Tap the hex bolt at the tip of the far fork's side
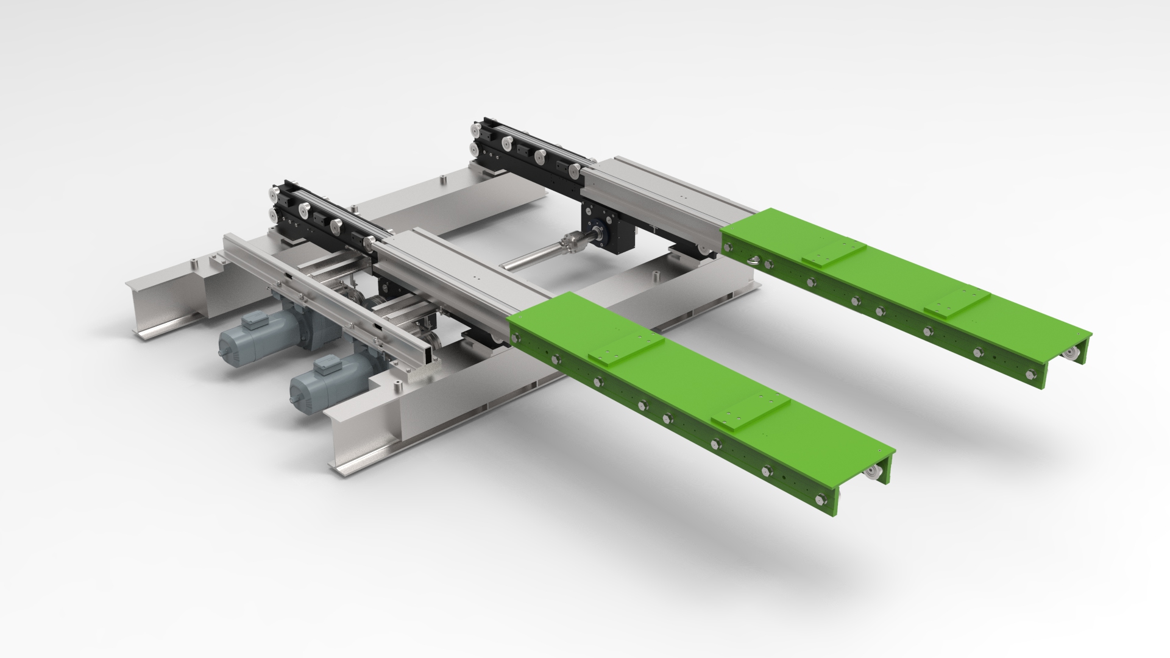pos(1030,373)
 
